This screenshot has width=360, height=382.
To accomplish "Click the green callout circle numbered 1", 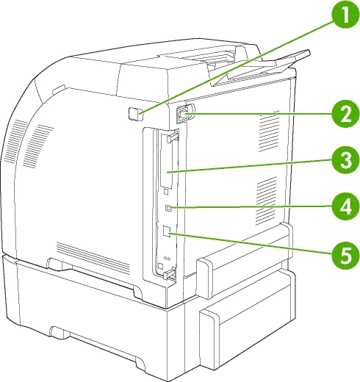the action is pos(345,15).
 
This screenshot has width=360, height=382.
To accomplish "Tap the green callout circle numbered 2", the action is pos(345,113).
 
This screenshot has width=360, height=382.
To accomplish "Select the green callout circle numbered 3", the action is pos(345,160).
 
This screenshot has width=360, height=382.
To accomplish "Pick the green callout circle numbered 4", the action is pos(345,206).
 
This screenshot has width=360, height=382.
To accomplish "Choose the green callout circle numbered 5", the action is pos(345,255).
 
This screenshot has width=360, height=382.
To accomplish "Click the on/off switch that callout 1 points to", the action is pos(135,114).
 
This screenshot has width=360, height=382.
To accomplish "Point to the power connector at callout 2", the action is pos(183,113).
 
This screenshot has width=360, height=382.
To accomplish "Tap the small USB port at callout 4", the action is pos(168,208).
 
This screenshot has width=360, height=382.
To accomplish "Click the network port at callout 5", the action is pos(167,231).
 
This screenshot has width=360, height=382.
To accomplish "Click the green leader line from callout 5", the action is pos(251,244).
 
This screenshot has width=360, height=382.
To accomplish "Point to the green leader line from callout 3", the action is pos(250,166).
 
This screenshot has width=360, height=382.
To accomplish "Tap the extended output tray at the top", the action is pos(261,68).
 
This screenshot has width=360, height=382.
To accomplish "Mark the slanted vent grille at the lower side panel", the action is pos(93,258).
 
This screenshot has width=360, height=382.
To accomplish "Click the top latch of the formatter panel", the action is pos(173,137).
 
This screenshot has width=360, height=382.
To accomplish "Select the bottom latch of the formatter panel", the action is pos(170,273).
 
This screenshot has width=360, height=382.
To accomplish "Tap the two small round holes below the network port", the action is pos(168,258).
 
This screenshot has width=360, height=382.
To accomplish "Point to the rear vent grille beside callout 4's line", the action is pos(266,201).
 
